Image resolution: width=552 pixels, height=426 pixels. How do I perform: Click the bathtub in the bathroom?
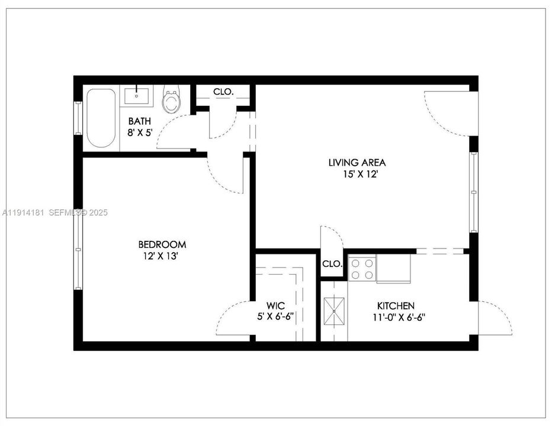(101, 118)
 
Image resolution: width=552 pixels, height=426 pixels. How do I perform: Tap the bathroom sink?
(137, 95)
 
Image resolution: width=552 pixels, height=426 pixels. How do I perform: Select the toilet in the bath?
(172, 101)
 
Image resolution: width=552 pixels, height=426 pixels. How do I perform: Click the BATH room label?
(140, 121)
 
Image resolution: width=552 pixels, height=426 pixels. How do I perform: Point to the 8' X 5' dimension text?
(140, 133)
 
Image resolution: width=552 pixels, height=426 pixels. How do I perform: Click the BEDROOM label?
(162, 244)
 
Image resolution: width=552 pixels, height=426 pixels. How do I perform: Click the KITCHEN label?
(396, 306)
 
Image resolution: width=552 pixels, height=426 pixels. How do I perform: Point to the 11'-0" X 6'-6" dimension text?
(396, 317)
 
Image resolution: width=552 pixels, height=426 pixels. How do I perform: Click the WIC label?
(275, 306)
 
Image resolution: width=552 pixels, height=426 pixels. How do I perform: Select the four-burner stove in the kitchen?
(362, 269)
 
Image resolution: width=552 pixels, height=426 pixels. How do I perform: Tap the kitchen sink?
(334, 309)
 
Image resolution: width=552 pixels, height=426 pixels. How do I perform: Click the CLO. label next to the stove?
(332, 264)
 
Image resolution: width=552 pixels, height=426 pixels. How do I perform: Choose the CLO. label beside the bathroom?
(223, 92)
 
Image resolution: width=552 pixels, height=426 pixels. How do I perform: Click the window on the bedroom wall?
(78, 250)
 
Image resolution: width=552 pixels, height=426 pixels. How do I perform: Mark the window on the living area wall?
(473, 192)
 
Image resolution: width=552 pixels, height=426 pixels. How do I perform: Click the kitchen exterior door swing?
(495, 318)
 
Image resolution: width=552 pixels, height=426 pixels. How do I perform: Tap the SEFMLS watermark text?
(69, 212)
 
